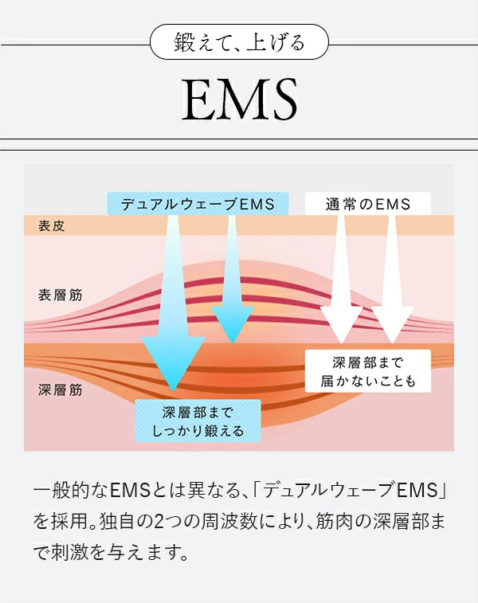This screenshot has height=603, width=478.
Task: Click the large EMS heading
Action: click(x=239, y=99)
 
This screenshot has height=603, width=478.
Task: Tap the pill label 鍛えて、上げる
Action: click(x=239, y=41)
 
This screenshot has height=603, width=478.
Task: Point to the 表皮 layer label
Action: click(x=52, y=225)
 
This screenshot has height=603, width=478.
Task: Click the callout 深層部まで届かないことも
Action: click(x=367, y=370)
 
